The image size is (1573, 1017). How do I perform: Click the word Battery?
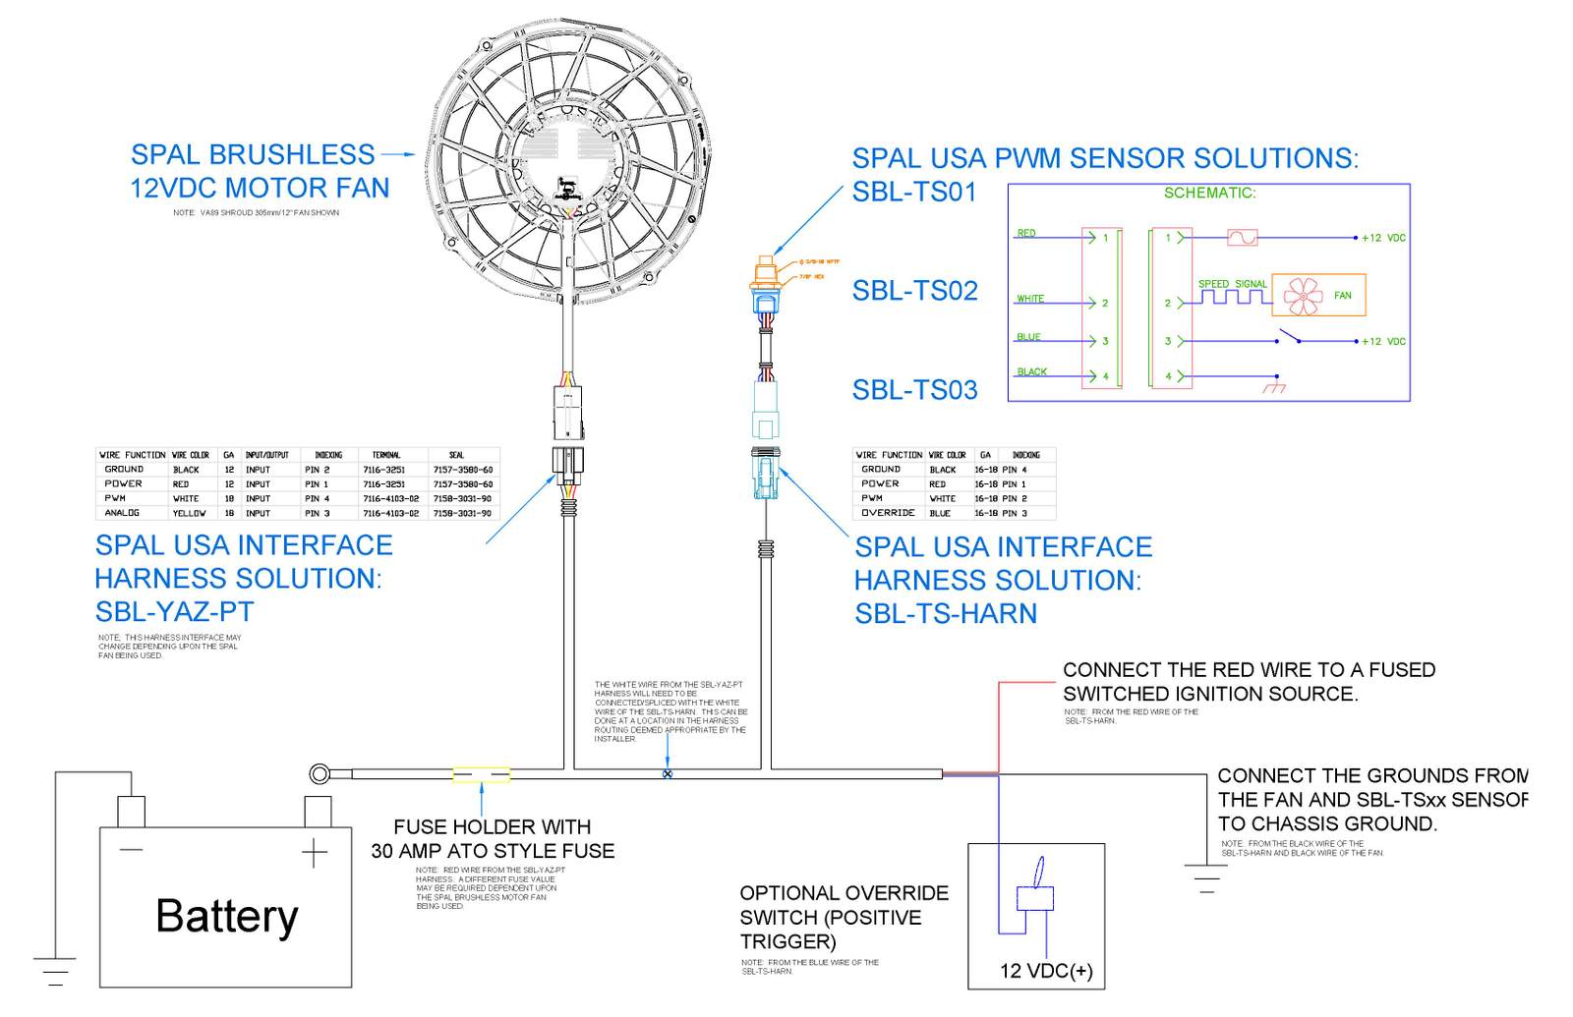click(x=226, y=916)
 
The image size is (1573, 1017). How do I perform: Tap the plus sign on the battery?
click(x=314, y=853)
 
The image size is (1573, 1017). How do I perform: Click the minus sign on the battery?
click(x=131, y=850)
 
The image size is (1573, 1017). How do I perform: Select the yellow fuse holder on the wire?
click(x=481, y=775)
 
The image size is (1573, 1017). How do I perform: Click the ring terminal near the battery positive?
click(x=320, y=774)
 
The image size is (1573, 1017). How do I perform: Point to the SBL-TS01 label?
click(x=913, y=192)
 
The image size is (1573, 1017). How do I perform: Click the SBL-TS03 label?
click(x=914, y=390)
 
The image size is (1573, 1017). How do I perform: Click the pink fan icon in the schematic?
click(x=1303, y=295)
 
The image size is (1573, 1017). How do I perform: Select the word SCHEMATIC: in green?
click(x=1209, y=193)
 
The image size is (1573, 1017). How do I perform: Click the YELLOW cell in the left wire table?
click(x=189, y=513)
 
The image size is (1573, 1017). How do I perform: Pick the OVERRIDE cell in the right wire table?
click(x=888, y=513)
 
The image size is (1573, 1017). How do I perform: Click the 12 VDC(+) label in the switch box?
click(x=1045, y=971)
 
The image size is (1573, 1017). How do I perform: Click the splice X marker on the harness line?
click(x=668, y=774)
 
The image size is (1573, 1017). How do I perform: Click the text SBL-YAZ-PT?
click(x=174, y=611)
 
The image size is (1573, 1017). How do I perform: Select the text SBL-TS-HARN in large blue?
click(x=945, y=613)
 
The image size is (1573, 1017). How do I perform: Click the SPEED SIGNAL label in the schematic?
click(x=1232, y=284)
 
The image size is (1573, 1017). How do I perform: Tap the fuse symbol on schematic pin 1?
click(x=1242, y=238)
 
